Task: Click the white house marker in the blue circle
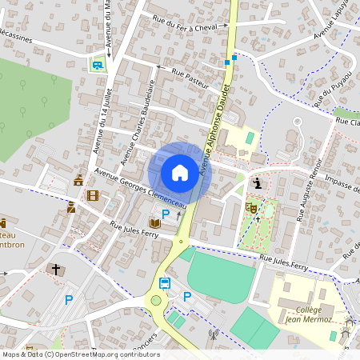click(x=180, y=172)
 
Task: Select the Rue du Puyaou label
click(x=327, y=88)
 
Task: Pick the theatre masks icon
click(x=250, y=206)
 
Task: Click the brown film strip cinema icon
click(x=94, y=196)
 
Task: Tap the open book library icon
click(x=155, y=222)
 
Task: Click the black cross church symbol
click(x=55, y=269)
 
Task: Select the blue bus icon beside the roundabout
click(x=164, y=282)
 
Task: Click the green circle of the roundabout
click(x=156, y=300)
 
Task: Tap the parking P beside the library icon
click(x=166, y=214)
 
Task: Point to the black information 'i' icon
click(x=257, y=184)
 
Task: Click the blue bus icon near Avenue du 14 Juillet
click(x=98, y=65)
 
